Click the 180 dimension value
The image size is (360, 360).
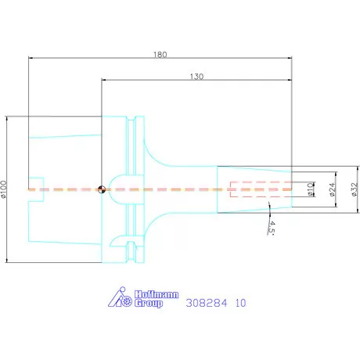coord(160,55)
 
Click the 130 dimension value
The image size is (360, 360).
coord(196,77)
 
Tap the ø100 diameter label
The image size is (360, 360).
coord(3,189)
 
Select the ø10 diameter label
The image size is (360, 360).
coord(310,189)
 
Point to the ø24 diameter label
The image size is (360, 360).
coord(332,189)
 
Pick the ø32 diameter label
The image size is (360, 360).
coord(354,189)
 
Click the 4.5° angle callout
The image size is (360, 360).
coord(272,229)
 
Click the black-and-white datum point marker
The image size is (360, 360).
coord(102,189)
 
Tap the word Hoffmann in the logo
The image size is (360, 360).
coord(157,294)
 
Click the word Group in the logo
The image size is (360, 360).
coord(149,303)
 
